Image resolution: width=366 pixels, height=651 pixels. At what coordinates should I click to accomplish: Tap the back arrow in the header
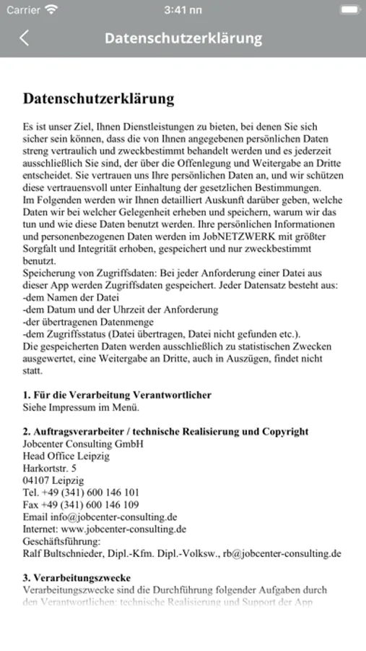point(25,38)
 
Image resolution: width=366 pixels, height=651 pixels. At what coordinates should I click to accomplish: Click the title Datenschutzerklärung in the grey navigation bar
point(183,38)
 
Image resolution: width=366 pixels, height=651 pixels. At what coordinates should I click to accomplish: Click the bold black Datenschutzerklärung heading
point(98,98)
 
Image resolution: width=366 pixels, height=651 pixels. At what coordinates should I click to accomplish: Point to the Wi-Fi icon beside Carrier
point(51,10)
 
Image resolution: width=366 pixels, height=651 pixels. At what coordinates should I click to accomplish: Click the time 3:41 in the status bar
point(183,10)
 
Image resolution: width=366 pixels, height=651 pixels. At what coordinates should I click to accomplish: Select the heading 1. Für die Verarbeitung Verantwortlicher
point(117,395)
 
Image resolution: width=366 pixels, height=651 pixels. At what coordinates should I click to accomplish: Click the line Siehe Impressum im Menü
point(80,407)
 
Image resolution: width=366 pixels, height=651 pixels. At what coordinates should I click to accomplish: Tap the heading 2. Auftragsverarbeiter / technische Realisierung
point(165,432)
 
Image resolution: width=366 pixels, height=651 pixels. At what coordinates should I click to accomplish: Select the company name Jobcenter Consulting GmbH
point(83,444)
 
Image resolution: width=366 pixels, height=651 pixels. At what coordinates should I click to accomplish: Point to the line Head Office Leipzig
point(66,456)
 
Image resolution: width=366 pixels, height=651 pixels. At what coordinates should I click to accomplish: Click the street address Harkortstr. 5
point(50,469)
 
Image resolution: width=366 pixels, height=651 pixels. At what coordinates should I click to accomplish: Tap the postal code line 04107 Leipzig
point(53,480)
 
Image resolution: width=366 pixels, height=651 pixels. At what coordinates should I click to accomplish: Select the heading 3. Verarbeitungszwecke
point(77,579)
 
